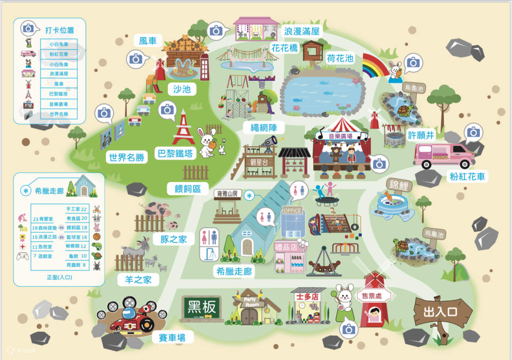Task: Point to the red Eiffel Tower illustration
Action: coord(183,128)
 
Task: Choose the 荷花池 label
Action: coord(340,58)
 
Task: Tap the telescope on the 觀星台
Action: coord(270,142)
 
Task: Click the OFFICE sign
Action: coord(293,210)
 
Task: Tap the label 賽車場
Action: coord(173,338)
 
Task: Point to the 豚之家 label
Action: coord(174,239)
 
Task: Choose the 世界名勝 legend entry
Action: coord(59,114)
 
